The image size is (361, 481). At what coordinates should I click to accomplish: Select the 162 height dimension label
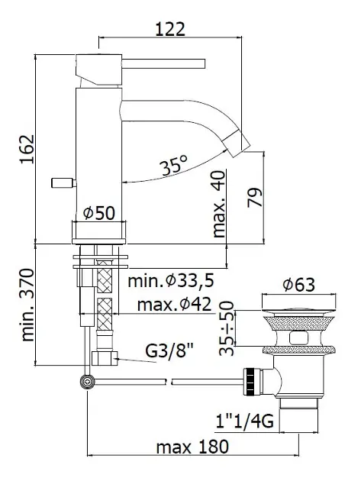coord(27,149)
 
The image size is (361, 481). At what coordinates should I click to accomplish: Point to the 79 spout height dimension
coord(255,197)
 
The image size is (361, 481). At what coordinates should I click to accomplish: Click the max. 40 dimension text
coord(219,204)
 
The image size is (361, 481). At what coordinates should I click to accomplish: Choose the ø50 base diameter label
coord(99,213)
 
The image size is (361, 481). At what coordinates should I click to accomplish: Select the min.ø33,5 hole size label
coord(170,281)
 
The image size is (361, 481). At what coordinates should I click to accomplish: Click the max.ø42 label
coord(174,305)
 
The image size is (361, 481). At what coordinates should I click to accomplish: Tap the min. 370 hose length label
coord(27,305)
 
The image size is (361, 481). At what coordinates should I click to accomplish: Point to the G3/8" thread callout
coord(169,351)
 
